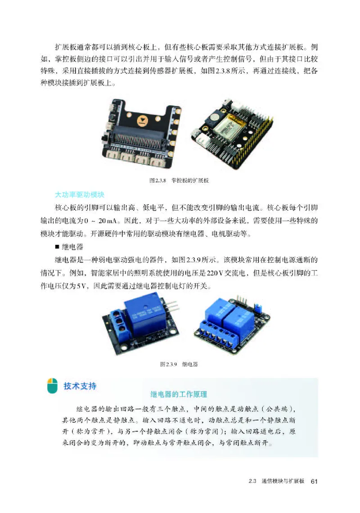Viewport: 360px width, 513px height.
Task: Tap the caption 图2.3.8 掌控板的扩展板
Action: pos(180,180)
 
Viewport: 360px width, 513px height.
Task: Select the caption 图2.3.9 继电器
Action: pos(179,364)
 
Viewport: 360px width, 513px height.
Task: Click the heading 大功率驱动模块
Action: pos(79,195)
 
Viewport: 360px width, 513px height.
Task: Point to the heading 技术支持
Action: pos(80,386)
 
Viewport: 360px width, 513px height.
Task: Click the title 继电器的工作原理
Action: pos(179,395)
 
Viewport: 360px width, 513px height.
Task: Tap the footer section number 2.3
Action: pos(252,481)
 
